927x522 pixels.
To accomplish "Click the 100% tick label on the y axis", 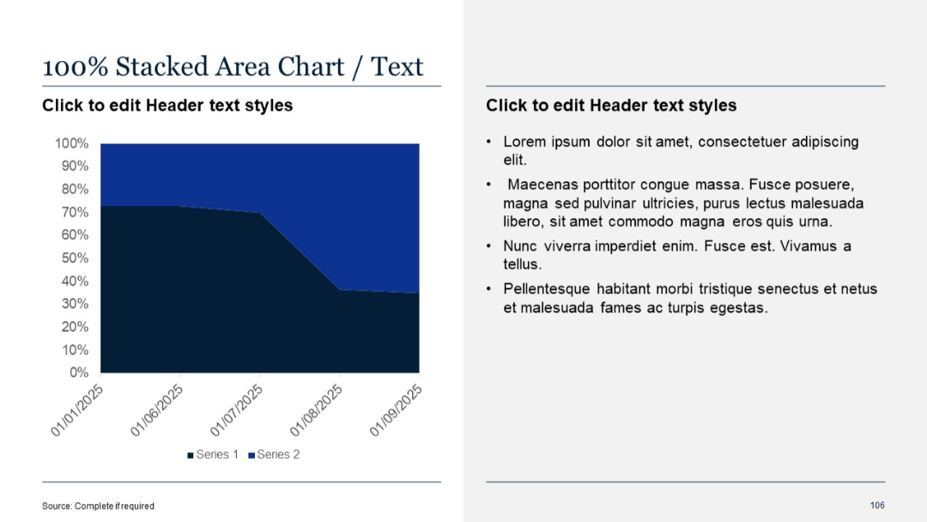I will coord(72,143).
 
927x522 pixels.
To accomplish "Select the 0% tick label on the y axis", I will coord(79,373).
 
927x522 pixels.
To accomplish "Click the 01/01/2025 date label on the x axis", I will coord(77,410).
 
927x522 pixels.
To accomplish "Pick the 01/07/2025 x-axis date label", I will coord(237,410).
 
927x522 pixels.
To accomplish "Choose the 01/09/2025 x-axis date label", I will coord(397,410).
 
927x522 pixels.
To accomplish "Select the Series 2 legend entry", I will coord(278,454).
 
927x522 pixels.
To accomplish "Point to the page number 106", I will coord(877,505).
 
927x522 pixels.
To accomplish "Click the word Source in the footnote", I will coord(57,506).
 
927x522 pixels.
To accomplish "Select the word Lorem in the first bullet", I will coord(523,142).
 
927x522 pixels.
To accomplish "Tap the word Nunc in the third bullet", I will coord(521,246).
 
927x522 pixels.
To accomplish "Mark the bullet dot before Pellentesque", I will coord(489,289).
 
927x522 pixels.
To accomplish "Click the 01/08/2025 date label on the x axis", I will coord(317,410).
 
